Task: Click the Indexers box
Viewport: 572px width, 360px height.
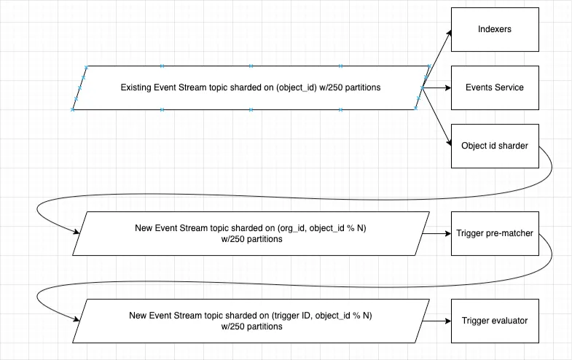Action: tap(495, 29)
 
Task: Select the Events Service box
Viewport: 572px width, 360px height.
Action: tap(495, 87)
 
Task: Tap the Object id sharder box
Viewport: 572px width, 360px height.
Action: tap(495, 146)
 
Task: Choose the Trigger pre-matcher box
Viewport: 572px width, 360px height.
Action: tap(495, 233)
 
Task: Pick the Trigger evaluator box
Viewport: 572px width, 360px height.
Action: tap(495, 321)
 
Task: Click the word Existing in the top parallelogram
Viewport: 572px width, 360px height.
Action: tap(136, 87)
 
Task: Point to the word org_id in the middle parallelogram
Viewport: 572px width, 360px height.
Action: tap(291, 228)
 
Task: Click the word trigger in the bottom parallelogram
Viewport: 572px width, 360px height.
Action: tap(286, 316)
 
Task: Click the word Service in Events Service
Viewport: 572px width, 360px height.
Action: tap(509, 87)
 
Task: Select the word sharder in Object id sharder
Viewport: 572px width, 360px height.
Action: tap(512, 146)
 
